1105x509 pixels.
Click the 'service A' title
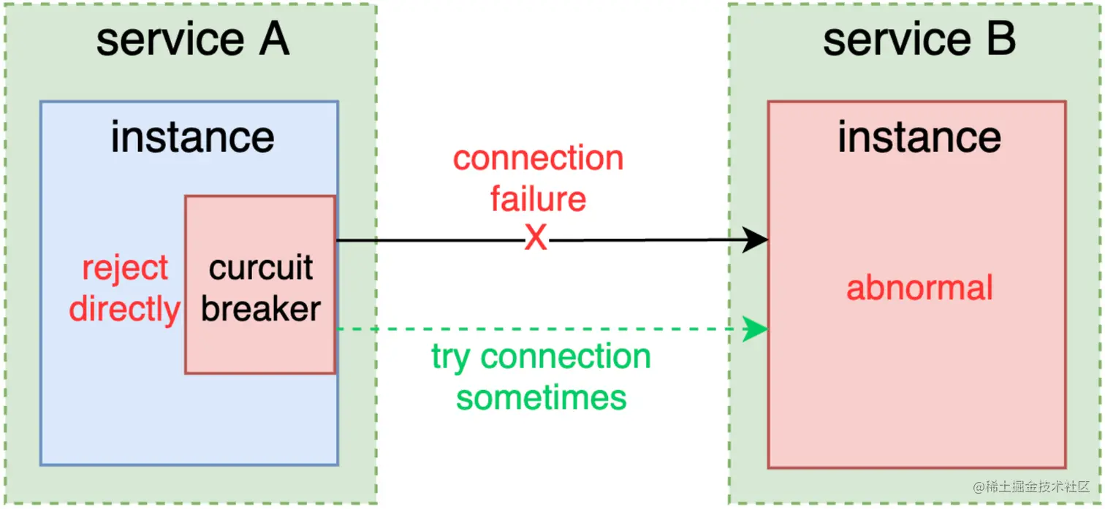point(192,39)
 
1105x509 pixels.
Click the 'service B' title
point(919,39)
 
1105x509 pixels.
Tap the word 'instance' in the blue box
point(192,137)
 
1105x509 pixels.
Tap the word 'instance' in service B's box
point(919,137)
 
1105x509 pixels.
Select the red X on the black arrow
point(536,239)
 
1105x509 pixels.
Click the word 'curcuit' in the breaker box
point(261,268)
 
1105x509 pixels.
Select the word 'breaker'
point(261,309)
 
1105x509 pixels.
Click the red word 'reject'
point(125,268)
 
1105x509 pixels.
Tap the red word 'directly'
point(124,309)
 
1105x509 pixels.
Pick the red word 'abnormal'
point(919,288)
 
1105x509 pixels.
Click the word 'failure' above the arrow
point(538,199)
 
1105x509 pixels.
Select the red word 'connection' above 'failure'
point(538,158)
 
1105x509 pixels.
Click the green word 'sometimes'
point(542,398)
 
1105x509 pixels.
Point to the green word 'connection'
point(566,357)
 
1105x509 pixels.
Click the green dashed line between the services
point(541,329)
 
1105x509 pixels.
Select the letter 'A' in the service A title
point(273,39)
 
